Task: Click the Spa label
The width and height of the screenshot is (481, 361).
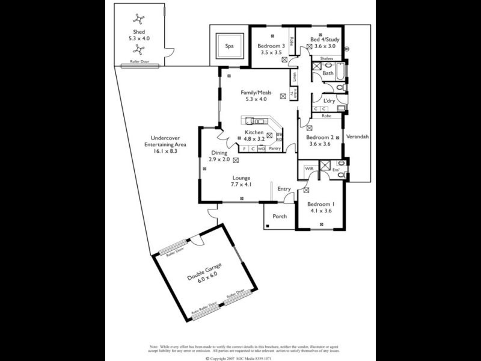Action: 229,46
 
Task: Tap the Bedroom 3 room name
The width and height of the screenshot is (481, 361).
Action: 271,46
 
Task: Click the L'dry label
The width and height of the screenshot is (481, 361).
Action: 329,100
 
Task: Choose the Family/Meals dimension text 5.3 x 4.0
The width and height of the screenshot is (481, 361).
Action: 256,100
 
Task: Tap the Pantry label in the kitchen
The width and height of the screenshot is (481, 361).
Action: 275,148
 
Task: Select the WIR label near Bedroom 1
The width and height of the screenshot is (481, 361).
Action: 309,168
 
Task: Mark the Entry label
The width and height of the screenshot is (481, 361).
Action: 284,189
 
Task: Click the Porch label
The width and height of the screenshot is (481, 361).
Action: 280,217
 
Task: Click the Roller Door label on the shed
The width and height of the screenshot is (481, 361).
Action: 140,61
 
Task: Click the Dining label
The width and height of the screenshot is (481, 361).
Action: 219,153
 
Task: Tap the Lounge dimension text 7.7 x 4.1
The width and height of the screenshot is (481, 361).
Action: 242,185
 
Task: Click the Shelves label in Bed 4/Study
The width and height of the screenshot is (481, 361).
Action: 326,58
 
